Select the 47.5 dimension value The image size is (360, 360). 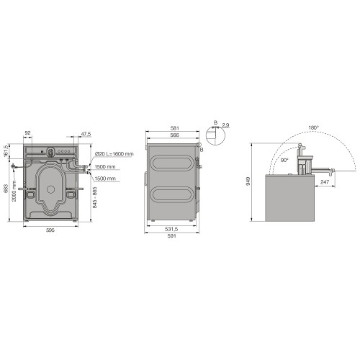(x=85, y=133)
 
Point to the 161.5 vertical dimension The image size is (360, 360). (x=6, y=153)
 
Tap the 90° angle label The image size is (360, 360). (x=286, y=158)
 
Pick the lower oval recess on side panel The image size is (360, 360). (x=171, y=194)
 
